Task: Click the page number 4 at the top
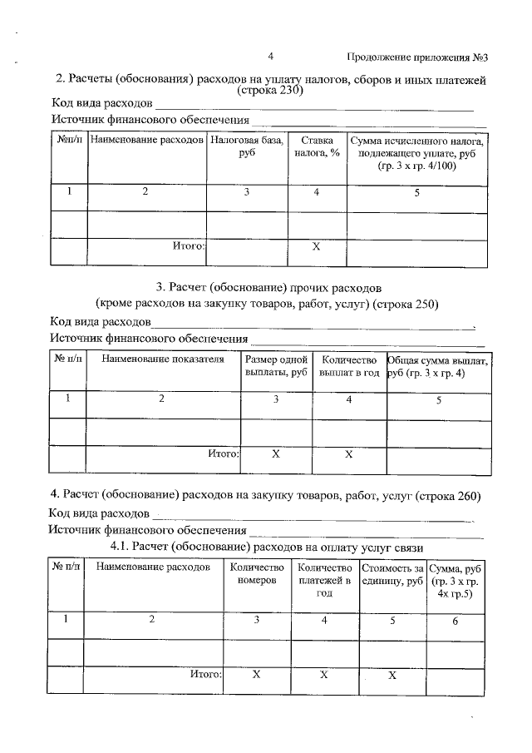coord(271,57)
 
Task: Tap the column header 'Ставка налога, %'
coord(317,147)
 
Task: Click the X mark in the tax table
coord(316,248)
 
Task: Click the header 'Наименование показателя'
coord(163,359)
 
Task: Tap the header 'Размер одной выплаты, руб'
coord(276,366)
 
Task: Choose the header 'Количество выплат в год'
coord(349,366)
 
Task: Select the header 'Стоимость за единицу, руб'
coord(392,573)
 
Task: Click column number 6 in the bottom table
coord(455,619)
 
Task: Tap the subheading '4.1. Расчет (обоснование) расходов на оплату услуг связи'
coord(268,547)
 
